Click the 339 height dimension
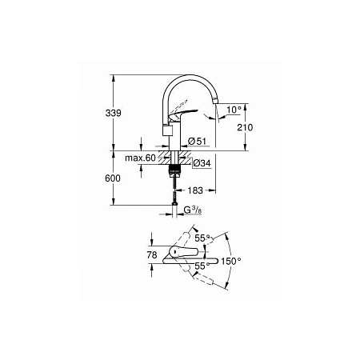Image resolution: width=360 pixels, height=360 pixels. click(x=118, y=114)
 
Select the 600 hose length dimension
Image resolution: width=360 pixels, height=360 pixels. click(x=118, y=178)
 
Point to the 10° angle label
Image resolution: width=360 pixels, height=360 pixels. click(x=234, y=108)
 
